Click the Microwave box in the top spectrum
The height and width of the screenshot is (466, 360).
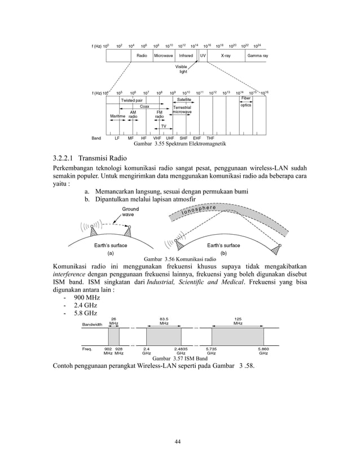click(163, 56)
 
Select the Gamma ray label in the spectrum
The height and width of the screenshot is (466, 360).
click(257, 56)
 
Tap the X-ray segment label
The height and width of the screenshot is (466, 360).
click(226, 56)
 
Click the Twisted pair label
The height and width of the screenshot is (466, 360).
click(131, 100)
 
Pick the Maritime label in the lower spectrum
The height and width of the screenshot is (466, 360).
click(117, 116)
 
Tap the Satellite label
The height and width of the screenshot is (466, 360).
click(185, 100)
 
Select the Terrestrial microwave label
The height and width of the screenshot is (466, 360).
click(182, 109)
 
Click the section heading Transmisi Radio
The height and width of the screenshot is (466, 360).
click(91, 157)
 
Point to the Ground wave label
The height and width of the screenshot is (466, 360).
click(130, 212)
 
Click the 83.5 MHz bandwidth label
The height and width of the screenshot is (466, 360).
click(164, 322)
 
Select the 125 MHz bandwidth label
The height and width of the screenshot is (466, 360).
click(238, 322)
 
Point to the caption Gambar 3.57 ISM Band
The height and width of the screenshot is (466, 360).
click(179, 359)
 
